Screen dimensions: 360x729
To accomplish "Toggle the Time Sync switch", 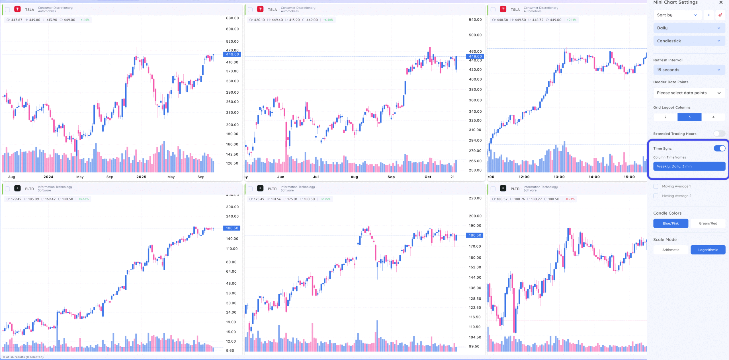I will coord(719,148).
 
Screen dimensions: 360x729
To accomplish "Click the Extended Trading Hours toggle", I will coord(719,133).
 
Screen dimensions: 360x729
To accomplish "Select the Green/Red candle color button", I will coord(708,223).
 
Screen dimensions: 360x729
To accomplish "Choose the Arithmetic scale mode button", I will coord(671,250).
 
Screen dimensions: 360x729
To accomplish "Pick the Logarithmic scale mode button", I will coord(708,250).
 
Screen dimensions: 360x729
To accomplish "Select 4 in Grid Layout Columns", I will coord(713,117).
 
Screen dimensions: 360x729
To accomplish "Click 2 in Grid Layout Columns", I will coord(665,117).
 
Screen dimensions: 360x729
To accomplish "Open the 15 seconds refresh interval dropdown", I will coord(689,70).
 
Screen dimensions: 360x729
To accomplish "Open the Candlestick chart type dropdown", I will coord(689,41).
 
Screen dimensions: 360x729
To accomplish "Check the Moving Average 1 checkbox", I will coord(656,186).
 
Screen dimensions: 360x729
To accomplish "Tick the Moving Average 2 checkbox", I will coord(656,196).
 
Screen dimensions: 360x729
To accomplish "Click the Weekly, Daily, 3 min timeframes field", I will coord(689,166).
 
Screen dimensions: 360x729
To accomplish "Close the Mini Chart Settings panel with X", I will coord(721,3).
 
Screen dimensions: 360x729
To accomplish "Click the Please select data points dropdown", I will coord(689,93).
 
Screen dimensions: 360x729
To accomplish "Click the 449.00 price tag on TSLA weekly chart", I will coord(232,54).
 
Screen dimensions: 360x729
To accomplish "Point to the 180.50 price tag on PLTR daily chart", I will coord(475,235).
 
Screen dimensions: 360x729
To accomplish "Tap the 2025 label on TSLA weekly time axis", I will coord(141,177).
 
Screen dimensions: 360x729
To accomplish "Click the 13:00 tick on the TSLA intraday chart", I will coord(559,177).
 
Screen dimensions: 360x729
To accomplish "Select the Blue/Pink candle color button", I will coord(671,223).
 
